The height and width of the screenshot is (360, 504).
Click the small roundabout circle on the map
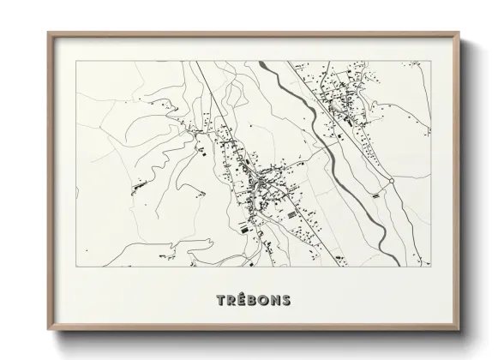(x=390, y=182)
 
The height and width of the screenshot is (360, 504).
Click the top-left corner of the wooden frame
(x=48, y=33)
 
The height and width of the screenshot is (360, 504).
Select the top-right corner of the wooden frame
(x=460, y=33)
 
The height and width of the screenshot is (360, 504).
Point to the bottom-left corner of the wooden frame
(x=48, y=331)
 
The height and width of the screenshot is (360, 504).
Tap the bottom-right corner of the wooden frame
(x=460, y=331)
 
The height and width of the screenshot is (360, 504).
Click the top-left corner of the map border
(x=76, y=61)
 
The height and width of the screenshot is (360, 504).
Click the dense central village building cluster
(x=257, y=180)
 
